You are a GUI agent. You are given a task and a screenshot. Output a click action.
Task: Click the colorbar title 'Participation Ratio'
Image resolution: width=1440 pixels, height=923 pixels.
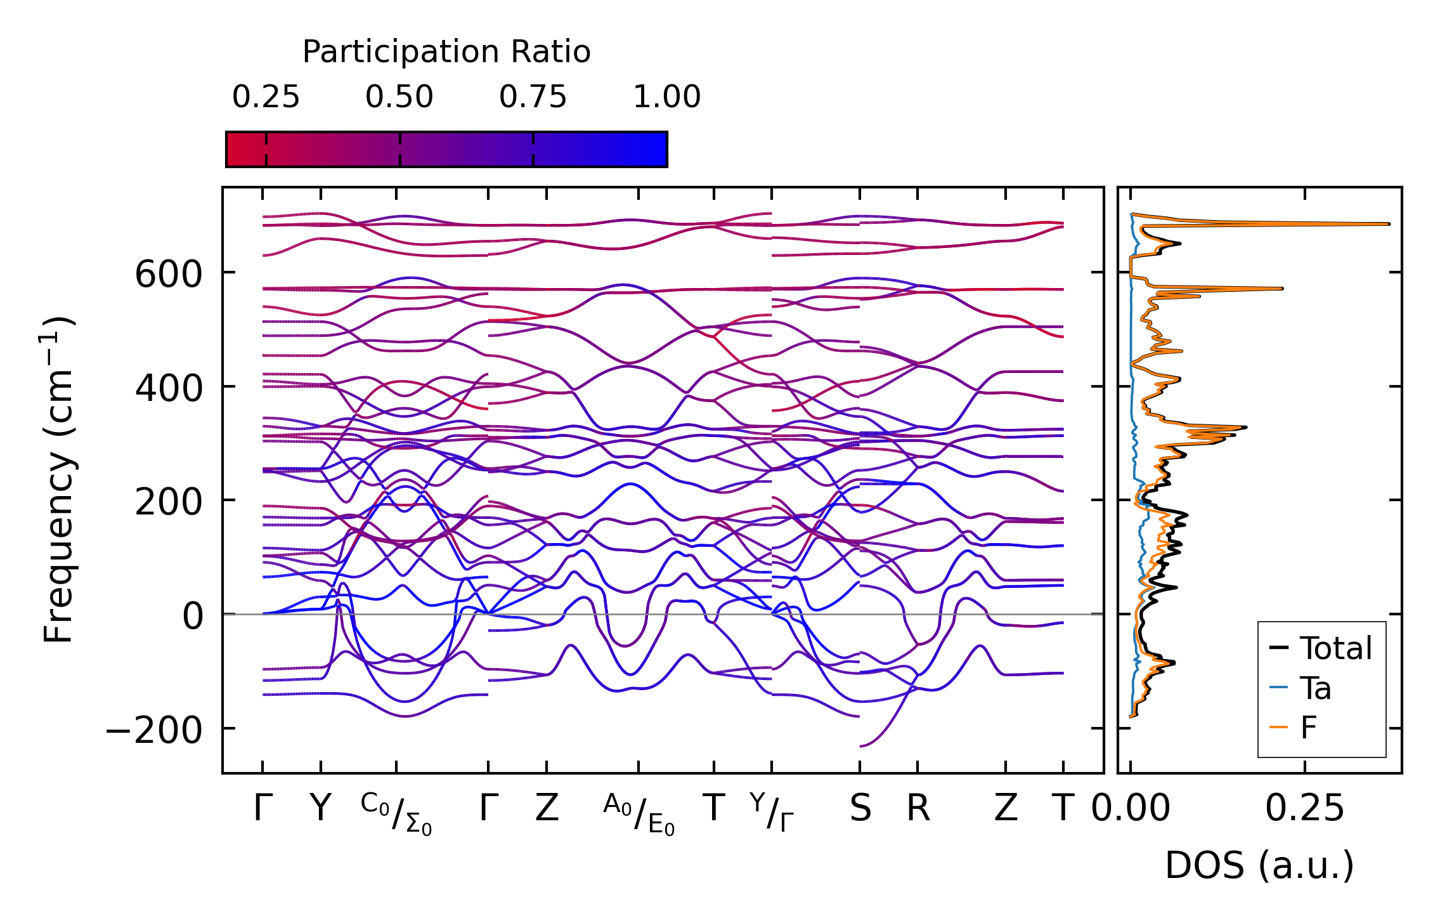[x=446, y=52]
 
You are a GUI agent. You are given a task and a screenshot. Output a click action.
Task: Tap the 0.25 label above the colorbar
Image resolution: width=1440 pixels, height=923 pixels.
[x=266, y=97]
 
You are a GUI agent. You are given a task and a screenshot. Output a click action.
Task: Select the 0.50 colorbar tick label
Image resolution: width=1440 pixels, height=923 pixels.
[x=399, y=97]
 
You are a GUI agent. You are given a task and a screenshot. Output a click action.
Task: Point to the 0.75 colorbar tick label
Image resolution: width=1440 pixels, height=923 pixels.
[x=533, y=97]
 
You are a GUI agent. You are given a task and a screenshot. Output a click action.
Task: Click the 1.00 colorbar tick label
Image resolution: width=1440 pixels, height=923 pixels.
[x=666, y=97]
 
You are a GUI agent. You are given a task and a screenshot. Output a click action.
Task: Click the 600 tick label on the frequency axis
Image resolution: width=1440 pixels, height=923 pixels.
[x=168, y=275]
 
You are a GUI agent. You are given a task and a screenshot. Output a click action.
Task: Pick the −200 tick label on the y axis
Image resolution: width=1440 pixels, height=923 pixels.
[x=154, y=730]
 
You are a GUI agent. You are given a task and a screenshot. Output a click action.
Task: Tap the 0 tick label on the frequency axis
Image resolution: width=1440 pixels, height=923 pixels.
[x=193, y=616]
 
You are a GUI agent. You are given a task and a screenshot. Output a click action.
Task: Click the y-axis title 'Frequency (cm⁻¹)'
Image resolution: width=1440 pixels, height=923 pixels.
[x=58, y=480]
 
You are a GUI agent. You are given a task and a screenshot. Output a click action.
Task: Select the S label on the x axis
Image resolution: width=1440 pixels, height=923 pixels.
[x=860, y=809]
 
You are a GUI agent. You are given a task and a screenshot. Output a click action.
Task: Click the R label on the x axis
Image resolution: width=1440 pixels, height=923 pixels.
[x=918, y=809]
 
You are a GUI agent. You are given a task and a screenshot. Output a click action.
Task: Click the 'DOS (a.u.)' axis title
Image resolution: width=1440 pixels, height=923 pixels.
[x=1259, y=865]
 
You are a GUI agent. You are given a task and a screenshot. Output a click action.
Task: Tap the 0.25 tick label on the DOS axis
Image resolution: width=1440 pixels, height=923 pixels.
[x=1304, y=809]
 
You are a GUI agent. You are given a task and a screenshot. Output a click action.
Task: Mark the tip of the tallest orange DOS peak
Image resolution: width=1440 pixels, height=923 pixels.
[x=1389, y=224]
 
